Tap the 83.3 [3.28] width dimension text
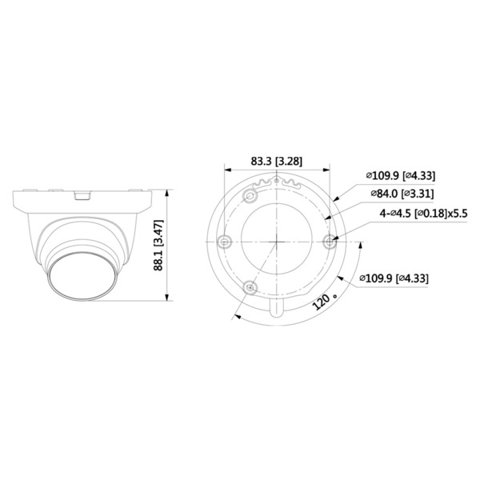[276, 161]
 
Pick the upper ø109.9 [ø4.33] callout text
[400, 176]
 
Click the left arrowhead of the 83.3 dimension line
[226, 170]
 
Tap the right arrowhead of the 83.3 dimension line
[328, 170]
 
